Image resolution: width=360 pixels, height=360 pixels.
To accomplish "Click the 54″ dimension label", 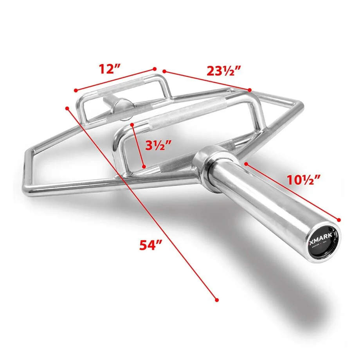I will pos(151,245).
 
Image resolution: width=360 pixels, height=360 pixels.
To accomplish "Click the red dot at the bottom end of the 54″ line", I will pos(216,299).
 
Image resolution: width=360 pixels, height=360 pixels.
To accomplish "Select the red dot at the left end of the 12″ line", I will pos(75,90).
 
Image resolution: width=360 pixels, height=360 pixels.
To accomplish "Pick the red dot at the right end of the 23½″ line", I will pos(250,90).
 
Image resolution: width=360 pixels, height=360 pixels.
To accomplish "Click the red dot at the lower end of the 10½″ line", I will pos(339,220).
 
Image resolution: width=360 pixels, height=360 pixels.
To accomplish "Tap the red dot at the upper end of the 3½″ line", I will pos(133,124).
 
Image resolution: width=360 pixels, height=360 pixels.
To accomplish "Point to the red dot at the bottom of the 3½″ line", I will pos(144,166).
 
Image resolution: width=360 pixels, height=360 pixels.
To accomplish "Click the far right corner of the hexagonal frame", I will pos(302,104).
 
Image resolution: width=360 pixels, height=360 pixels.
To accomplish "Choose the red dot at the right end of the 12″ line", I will pos(155,69).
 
